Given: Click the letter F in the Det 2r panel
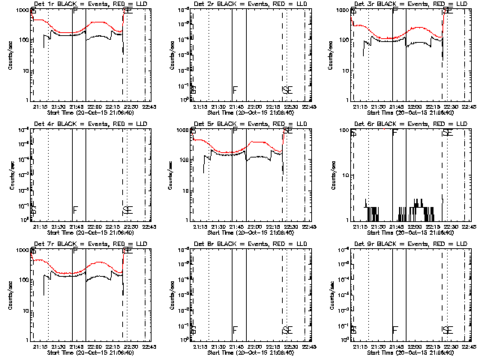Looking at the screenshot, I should (235, 90).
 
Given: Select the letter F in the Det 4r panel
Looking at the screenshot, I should (75, 210).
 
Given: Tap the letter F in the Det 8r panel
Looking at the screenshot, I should (235, 330).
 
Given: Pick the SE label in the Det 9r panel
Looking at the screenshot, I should (448, 330).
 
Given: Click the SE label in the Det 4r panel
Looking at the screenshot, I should (128, 210).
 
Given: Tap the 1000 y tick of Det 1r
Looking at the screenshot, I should (22, 11).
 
